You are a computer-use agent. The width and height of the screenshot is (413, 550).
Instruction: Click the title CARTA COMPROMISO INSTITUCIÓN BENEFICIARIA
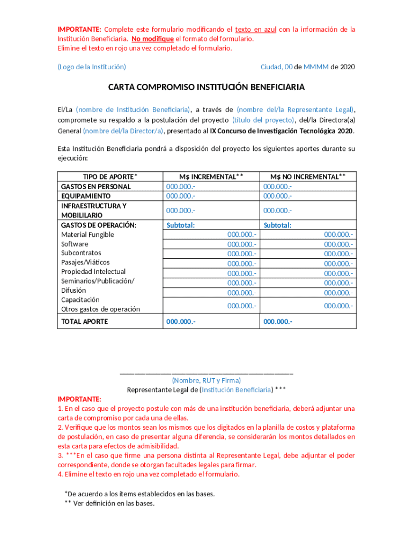(206, 87)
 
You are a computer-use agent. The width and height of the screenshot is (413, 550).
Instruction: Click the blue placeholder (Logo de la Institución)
(92, 67)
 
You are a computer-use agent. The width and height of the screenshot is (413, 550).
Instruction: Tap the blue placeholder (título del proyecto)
(263, 120)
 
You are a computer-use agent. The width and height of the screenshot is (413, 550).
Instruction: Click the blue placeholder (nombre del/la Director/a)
(123, 131)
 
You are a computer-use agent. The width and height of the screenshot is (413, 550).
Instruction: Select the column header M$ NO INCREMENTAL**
(308, 177)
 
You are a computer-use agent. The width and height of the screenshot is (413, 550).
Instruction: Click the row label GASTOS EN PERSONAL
(95, 186)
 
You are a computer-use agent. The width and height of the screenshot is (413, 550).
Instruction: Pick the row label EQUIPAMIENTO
(86, 196)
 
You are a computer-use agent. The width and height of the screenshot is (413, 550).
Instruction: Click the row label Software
(75, 244)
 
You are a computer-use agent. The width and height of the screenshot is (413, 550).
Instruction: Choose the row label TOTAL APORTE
(84, 322)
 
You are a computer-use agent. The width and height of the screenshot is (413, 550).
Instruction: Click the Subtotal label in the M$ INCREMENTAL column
(180, 226)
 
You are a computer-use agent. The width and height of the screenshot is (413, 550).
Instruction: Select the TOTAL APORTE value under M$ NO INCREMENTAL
(278, 322)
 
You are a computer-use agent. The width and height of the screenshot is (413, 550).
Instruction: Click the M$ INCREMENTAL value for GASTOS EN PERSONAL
(180, 186)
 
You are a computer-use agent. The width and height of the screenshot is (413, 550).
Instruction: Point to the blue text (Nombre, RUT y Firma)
(206, 380)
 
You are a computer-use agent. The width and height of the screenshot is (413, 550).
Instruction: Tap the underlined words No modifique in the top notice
(153, 39)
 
